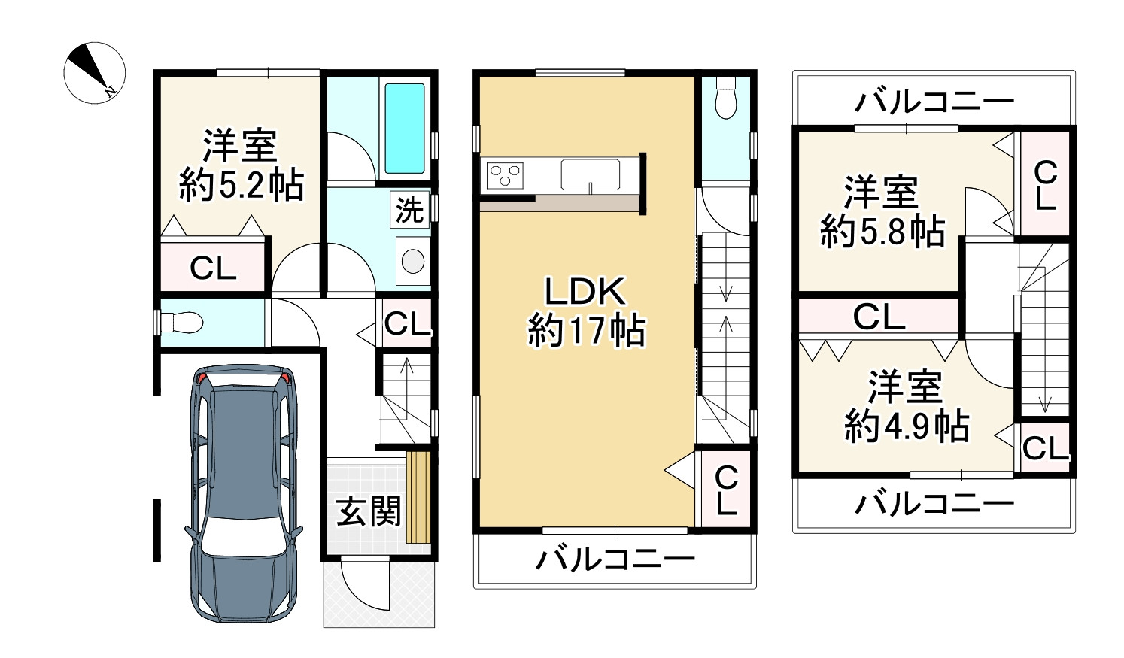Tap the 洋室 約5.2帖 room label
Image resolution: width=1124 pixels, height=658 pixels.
(241, 165)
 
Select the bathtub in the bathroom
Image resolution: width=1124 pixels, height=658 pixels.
(405, 128)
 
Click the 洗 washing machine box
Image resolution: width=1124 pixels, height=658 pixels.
(409, 210)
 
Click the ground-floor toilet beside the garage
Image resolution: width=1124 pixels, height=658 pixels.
(181, 323)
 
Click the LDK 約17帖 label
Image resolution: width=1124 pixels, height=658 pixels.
(586, 311)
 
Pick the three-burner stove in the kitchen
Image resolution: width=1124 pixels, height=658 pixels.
(505, 176)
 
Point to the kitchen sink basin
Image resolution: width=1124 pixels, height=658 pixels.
(591, 174)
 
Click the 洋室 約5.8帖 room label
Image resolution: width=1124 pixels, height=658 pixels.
(882, 212)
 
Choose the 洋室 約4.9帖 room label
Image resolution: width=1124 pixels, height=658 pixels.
(906, 407)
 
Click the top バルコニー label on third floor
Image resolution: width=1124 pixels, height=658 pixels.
(934, 101)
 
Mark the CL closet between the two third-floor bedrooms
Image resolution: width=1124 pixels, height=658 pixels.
(879, 317)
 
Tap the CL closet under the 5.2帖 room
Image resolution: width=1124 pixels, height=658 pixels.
(213, 267)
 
